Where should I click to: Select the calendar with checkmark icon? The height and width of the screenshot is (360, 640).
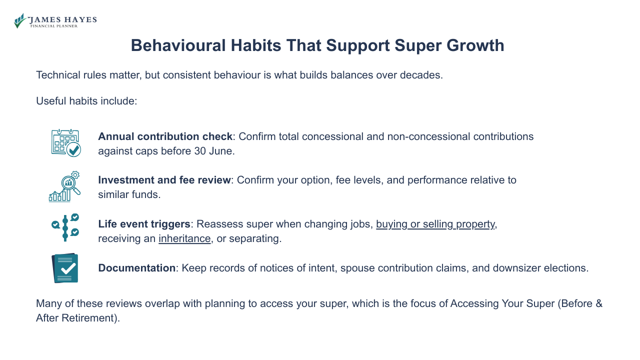(65, 143)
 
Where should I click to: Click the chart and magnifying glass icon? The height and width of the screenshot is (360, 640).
(65, 186)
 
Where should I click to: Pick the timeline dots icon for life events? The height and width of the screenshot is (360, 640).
(65, 228)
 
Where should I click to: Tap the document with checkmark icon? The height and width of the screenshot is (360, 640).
(65, 268)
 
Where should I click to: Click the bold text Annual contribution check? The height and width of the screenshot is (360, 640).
(165, 136)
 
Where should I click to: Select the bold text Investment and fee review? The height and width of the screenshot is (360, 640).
(164, 180)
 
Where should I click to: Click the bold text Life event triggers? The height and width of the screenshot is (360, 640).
(144, 224)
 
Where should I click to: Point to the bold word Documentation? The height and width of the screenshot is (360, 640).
(136, 268)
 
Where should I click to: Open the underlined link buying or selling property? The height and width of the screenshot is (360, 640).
(435, 224)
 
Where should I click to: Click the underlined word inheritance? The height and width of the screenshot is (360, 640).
(184, 238)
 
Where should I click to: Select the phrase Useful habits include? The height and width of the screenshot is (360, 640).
(86, 101)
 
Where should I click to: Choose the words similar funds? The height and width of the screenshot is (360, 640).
(129, 194)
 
